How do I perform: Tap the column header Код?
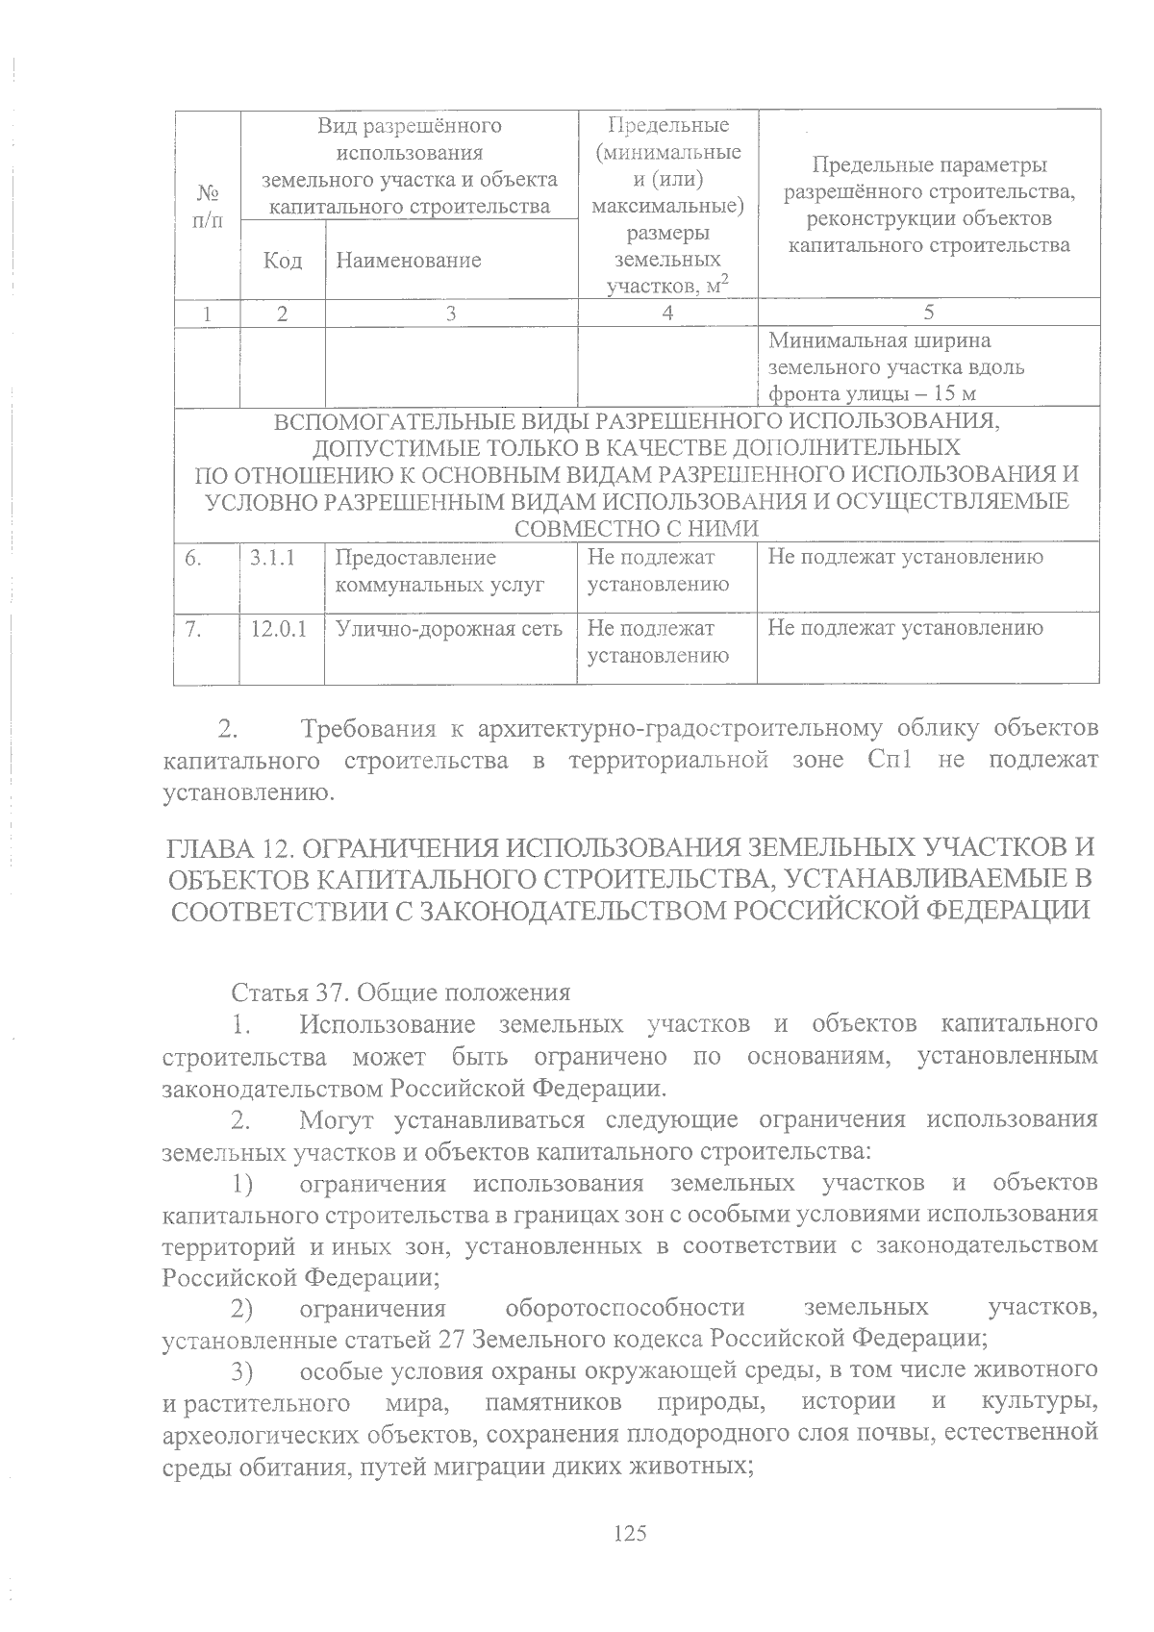tap(283, 261)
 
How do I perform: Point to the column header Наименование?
tap(404, 261)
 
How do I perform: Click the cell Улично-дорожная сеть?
tap(448, 629)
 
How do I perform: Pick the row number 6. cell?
tap(193, 558)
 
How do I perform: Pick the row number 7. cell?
tap(193, 629)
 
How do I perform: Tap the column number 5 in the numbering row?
tap(928, 313)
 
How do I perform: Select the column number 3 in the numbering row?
tap(451, 313)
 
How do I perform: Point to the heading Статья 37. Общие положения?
tap(400, 992)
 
